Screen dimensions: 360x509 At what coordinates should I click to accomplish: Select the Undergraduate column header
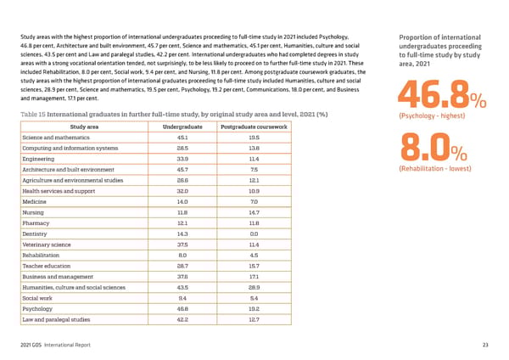click(182, 127)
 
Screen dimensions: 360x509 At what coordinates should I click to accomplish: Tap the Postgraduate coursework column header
click(254, 127)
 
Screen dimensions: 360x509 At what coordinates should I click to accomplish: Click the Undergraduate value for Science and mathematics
click(182, 138)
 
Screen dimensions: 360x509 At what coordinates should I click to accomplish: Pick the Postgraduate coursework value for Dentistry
click(254, 233)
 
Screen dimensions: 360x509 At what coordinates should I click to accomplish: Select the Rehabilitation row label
click(43, 254)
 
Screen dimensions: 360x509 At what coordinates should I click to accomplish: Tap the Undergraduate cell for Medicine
click(182, 201)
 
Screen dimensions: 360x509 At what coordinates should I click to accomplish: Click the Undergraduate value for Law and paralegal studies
click(182, 322)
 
